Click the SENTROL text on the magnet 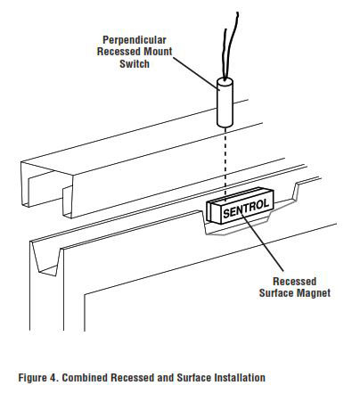(245, 209)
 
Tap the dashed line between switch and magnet (225, 165)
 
